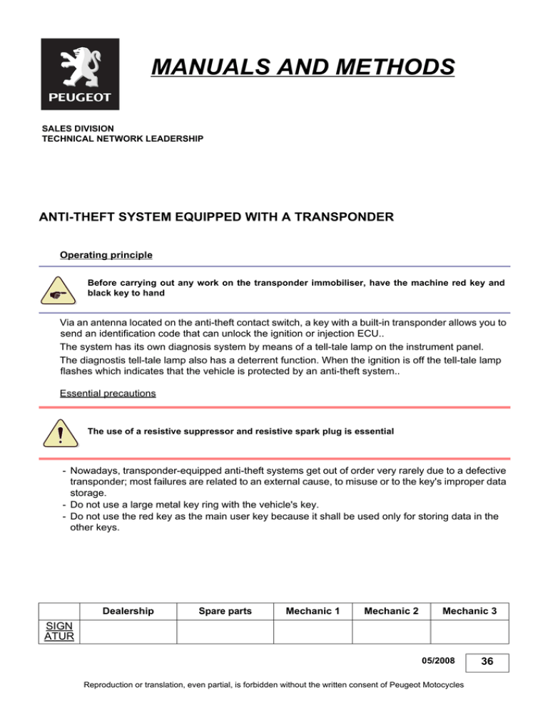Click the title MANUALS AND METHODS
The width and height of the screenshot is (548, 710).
303,68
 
